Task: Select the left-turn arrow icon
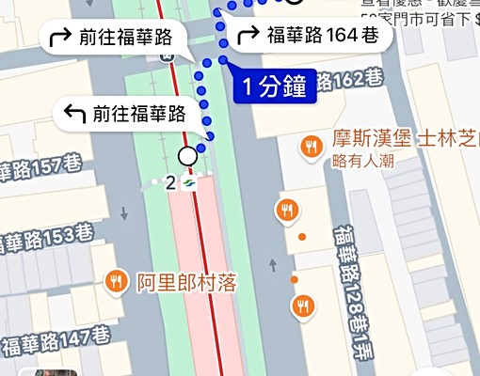click(73, 114)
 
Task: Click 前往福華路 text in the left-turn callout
click(143, 114)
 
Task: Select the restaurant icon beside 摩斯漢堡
click(309, 146)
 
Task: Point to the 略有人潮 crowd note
click(363, 160)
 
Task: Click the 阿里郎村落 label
click(185, 281)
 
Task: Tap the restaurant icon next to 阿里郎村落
click(117, 280)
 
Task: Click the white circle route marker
click(188, 155)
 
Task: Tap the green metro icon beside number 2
click(189, 181)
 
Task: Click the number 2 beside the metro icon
click(170, 182)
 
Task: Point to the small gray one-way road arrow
click(273, 262)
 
